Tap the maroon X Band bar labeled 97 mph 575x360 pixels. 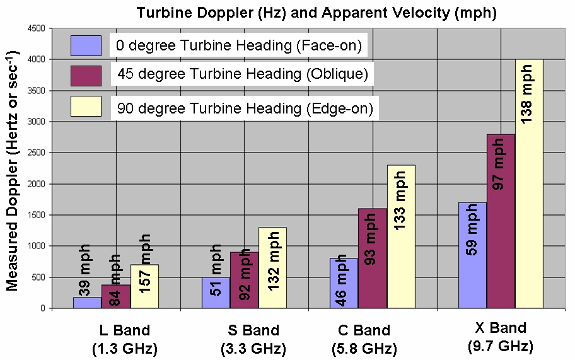click(501, 221)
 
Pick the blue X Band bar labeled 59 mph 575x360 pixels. click(472, 255)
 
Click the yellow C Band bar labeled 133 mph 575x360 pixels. click(401, 236)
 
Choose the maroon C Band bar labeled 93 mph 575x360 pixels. click(373, 258)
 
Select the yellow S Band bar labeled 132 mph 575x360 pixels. click(272, 268)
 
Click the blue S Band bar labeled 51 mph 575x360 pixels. click(216, 293)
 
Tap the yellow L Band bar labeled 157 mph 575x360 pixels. click(145, 287)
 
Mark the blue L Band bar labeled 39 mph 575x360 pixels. click(88, 302)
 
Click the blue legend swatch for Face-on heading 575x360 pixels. click(86, 45)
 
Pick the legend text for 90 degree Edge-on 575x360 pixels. click(245, 109)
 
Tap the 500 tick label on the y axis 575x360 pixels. click(39, 277)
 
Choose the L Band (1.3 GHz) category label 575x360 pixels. click(125, 339)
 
